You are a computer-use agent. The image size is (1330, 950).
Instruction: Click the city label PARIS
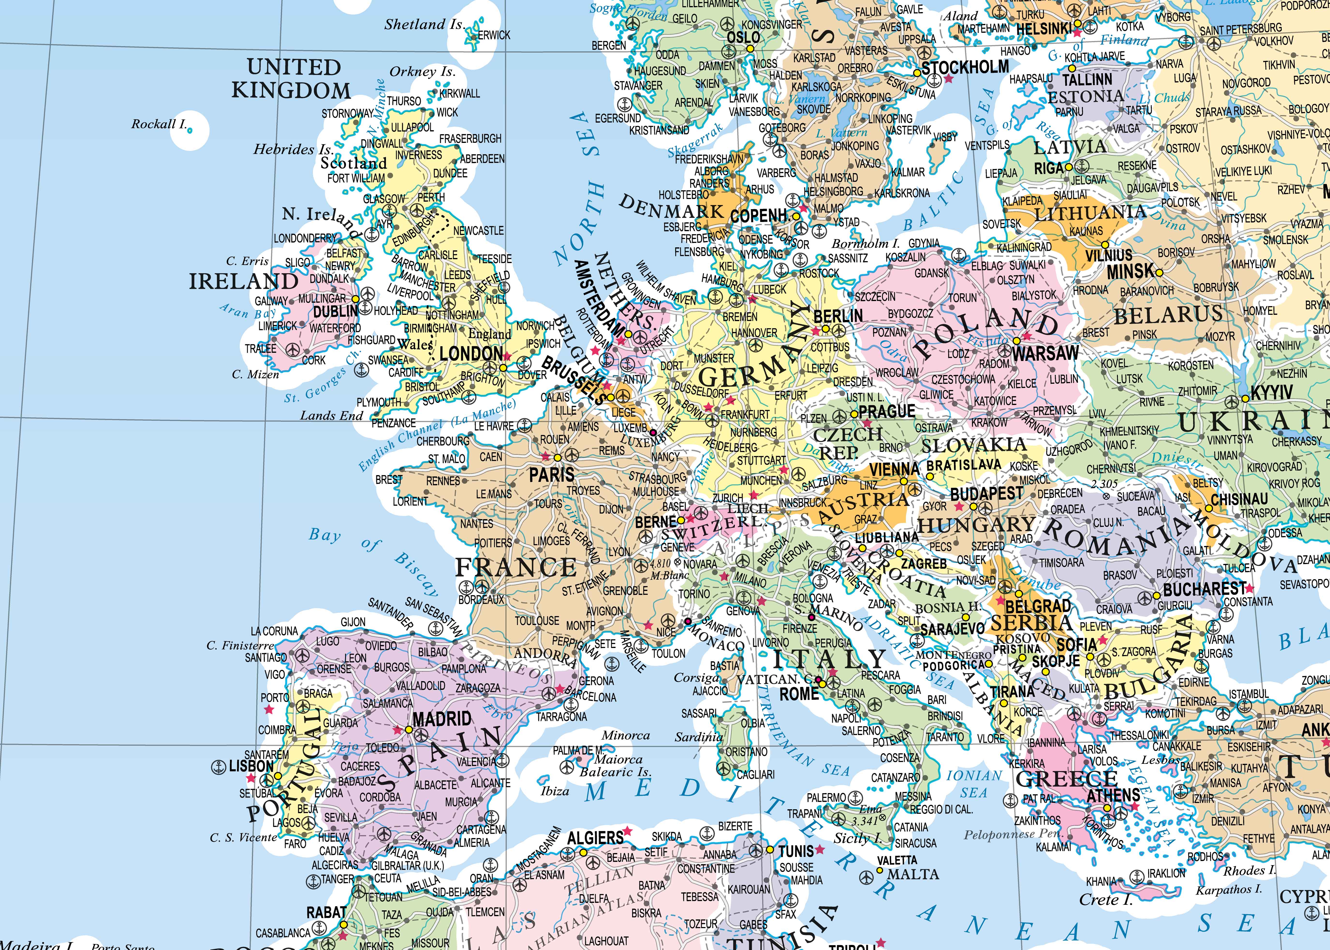(x=551, y=474)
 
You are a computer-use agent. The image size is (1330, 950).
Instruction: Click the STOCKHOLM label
(x=965, y=67)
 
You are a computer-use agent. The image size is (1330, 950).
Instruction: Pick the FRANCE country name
(x=516, y=567)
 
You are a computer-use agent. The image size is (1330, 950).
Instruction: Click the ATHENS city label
(x=1113, y=795)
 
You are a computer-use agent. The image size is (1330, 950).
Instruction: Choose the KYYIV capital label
(x=1271, y=392)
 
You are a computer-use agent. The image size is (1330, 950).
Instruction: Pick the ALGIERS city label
(x=595, y=838)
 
